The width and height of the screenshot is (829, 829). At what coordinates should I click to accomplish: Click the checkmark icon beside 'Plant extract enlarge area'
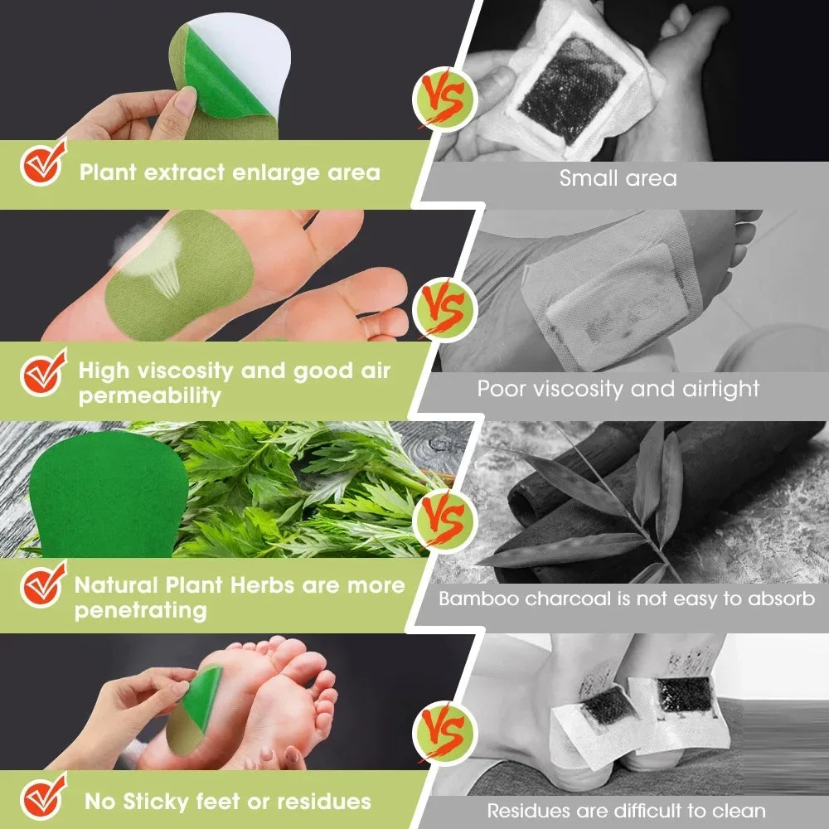[42, 167]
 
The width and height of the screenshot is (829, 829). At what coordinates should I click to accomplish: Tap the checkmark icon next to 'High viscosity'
[42, 375]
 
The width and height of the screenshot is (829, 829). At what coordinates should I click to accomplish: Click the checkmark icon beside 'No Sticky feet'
[42, 797]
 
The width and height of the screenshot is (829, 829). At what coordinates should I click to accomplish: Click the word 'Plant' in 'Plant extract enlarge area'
[107, 172]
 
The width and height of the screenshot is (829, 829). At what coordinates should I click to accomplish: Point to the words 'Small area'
[618, 177]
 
